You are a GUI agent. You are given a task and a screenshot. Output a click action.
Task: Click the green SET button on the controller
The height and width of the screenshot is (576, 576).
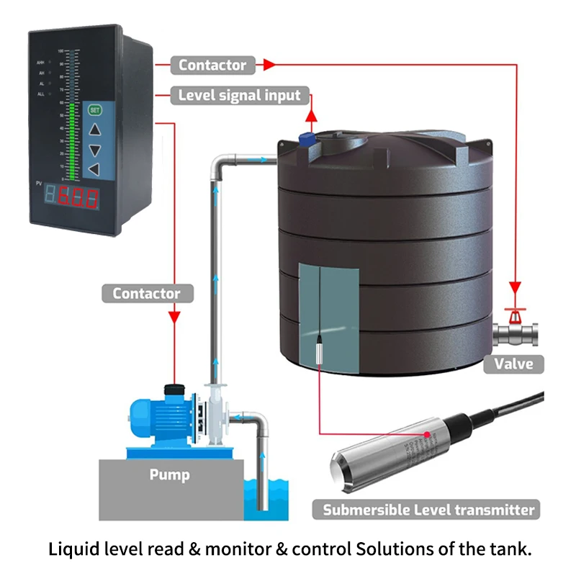94,110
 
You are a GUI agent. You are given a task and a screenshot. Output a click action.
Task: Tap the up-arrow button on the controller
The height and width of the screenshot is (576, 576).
94,130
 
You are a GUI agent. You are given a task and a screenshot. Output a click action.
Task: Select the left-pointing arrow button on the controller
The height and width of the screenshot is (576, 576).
94,169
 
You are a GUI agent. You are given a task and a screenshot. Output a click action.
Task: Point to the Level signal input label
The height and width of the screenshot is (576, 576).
240,95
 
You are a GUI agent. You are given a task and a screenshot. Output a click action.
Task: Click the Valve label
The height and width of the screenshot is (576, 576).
513,363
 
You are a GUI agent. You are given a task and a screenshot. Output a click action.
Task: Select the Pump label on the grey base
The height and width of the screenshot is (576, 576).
169,474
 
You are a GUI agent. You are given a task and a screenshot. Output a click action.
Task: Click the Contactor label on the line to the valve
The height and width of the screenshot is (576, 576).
212,65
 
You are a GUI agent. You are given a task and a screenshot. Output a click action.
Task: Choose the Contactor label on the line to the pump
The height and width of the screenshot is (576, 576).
146,293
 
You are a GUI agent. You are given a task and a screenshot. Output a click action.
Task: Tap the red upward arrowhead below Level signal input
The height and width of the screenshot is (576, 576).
312,114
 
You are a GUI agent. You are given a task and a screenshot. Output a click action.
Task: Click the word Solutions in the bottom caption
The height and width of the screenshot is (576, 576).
386,549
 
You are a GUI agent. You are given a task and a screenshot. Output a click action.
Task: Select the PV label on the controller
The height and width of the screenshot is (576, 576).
40,185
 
